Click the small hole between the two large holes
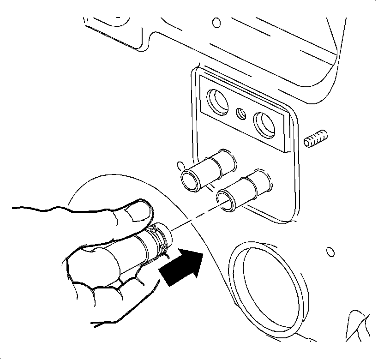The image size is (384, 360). (240, 112)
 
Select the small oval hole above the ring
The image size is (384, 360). (329, 252)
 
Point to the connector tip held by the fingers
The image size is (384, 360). (165, 233)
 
